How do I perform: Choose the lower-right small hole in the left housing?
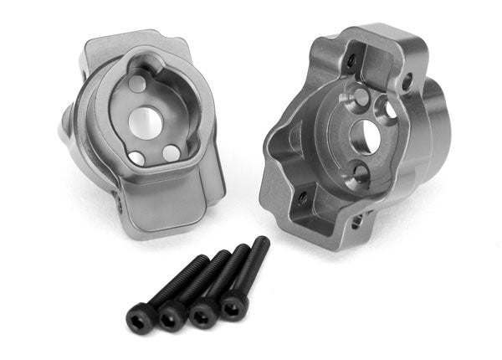tap(170, 153)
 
